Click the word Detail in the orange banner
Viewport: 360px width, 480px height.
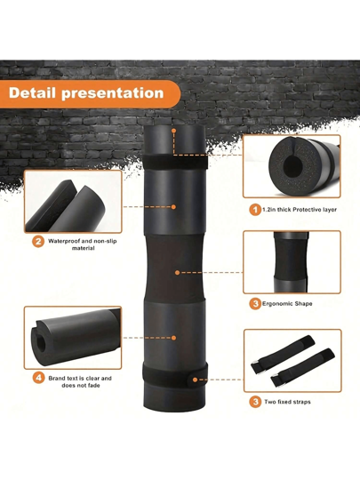33,93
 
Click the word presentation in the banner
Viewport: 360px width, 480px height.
113,93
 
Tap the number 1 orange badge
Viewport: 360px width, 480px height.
255,210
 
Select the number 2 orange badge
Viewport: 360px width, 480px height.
38,242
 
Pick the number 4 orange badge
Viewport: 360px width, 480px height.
38,379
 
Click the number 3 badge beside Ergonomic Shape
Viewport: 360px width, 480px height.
255,304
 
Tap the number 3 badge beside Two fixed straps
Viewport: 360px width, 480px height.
256,402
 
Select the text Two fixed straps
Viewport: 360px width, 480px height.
287,402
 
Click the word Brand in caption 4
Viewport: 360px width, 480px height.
56,379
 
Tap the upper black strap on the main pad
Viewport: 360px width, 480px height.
175,162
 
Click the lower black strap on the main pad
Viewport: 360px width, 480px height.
175,375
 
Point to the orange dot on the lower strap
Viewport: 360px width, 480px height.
195,380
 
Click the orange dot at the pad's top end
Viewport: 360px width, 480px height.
173,131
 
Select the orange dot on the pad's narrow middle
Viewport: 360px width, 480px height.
177,272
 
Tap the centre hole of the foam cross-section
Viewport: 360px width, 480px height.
290,166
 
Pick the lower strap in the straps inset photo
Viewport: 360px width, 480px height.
302,367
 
